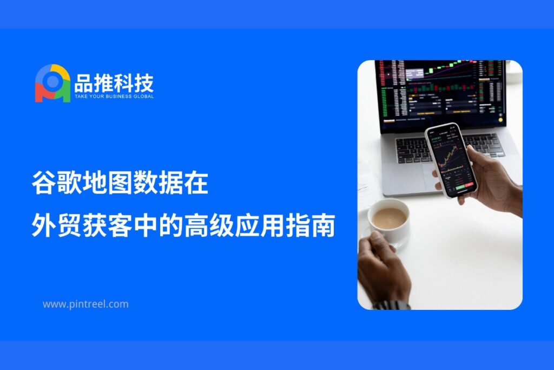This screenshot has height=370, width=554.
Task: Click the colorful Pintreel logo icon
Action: click(52, 83)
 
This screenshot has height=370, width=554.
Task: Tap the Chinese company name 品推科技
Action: click(114, 83)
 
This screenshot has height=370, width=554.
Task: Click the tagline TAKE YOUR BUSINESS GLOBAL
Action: click(114, 96)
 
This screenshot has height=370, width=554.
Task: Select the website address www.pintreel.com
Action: click(85, 304)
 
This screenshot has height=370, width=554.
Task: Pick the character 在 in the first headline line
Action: click(196, 183)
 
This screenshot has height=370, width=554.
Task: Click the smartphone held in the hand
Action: click(451, 160)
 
